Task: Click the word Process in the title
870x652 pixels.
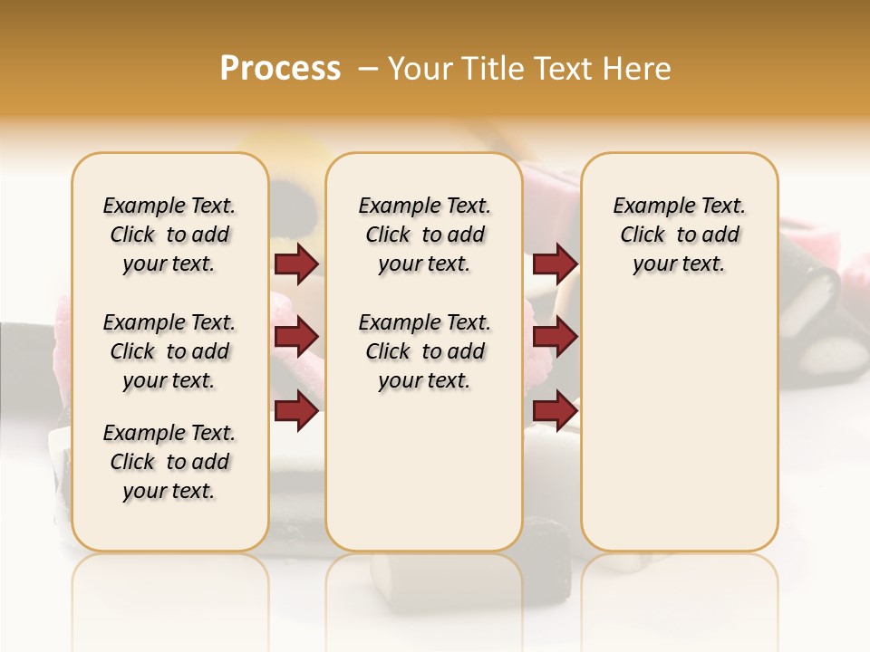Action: (280, 68)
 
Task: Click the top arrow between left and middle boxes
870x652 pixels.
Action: (296, 264)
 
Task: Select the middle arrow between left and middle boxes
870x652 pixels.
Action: (296, 337)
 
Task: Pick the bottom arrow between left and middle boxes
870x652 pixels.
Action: (296, 410)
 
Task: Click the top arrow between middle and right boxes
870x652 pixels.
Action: (555, 264)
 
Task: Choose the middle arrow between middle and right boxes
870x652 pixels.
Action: (555, 337)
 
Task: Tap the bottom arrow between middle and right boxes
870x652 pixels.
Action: (555, 410)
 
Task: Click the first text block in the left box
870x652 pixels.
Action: (169, 235)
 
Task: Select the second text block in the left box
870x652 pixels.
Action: (169, 351)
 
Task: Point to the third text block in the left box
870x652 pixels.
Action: (169, 462)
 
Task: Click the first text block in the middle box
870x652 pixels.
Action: (424, 235)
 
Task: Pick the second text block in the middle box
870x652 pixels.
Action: (424, 351)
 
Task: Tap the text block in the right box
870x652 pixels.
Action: (679, 235)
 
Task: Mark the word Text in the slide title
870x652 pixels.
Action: (565, 68)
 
